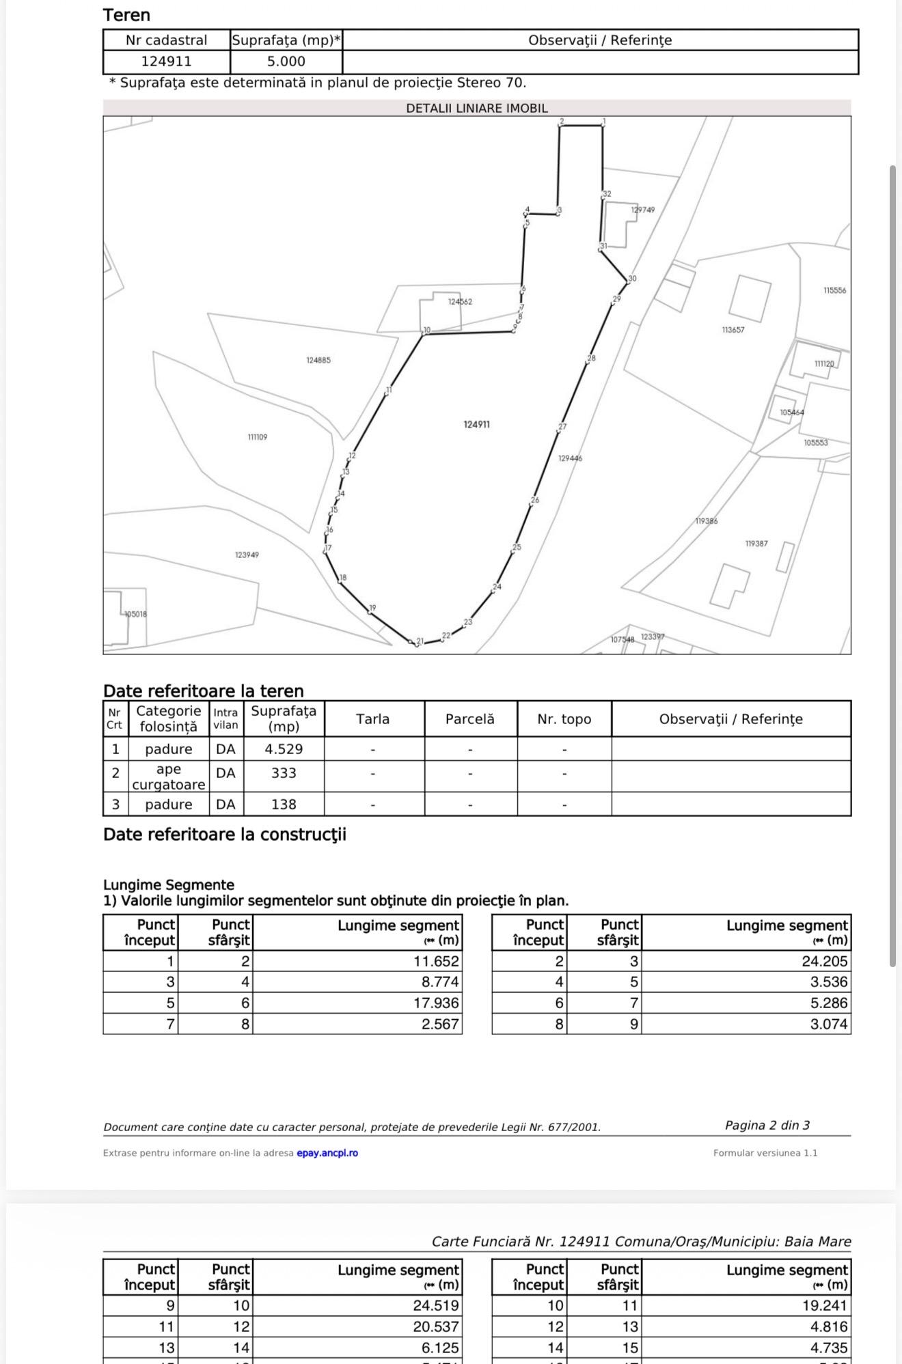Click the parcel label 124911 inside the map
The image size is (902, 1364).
coord(476,424)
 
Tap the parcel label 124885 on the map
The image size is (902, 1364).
coord(318,360)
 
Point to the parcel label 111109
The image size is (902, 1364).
coord(258,437)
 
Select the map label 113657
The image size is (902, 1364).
coord(733,330)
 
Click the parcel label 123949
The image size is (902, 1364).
coord(247,555)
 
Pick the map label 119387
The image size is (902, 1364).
coord(756,544)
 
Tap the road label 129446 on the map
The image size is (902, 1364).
coord(570,458)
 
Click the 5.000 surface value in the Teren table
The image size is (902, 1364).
coord(286,61)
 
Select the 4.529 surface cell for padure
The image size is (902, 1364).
coord(284,749)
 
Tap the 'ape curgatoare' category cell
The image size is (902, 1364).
coord(168,777)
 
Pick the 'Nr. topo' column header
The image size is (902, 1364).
coord(564,719)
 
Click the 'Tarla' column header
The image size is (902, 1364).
coord(372,719)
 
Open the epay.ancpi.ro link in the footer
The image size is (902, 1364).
coord(327,1153)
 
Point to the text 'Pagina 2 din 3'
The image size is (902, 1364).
coord(767,1125)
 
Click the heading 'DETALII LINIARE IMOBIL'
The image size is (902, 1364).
coord(476,108)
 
